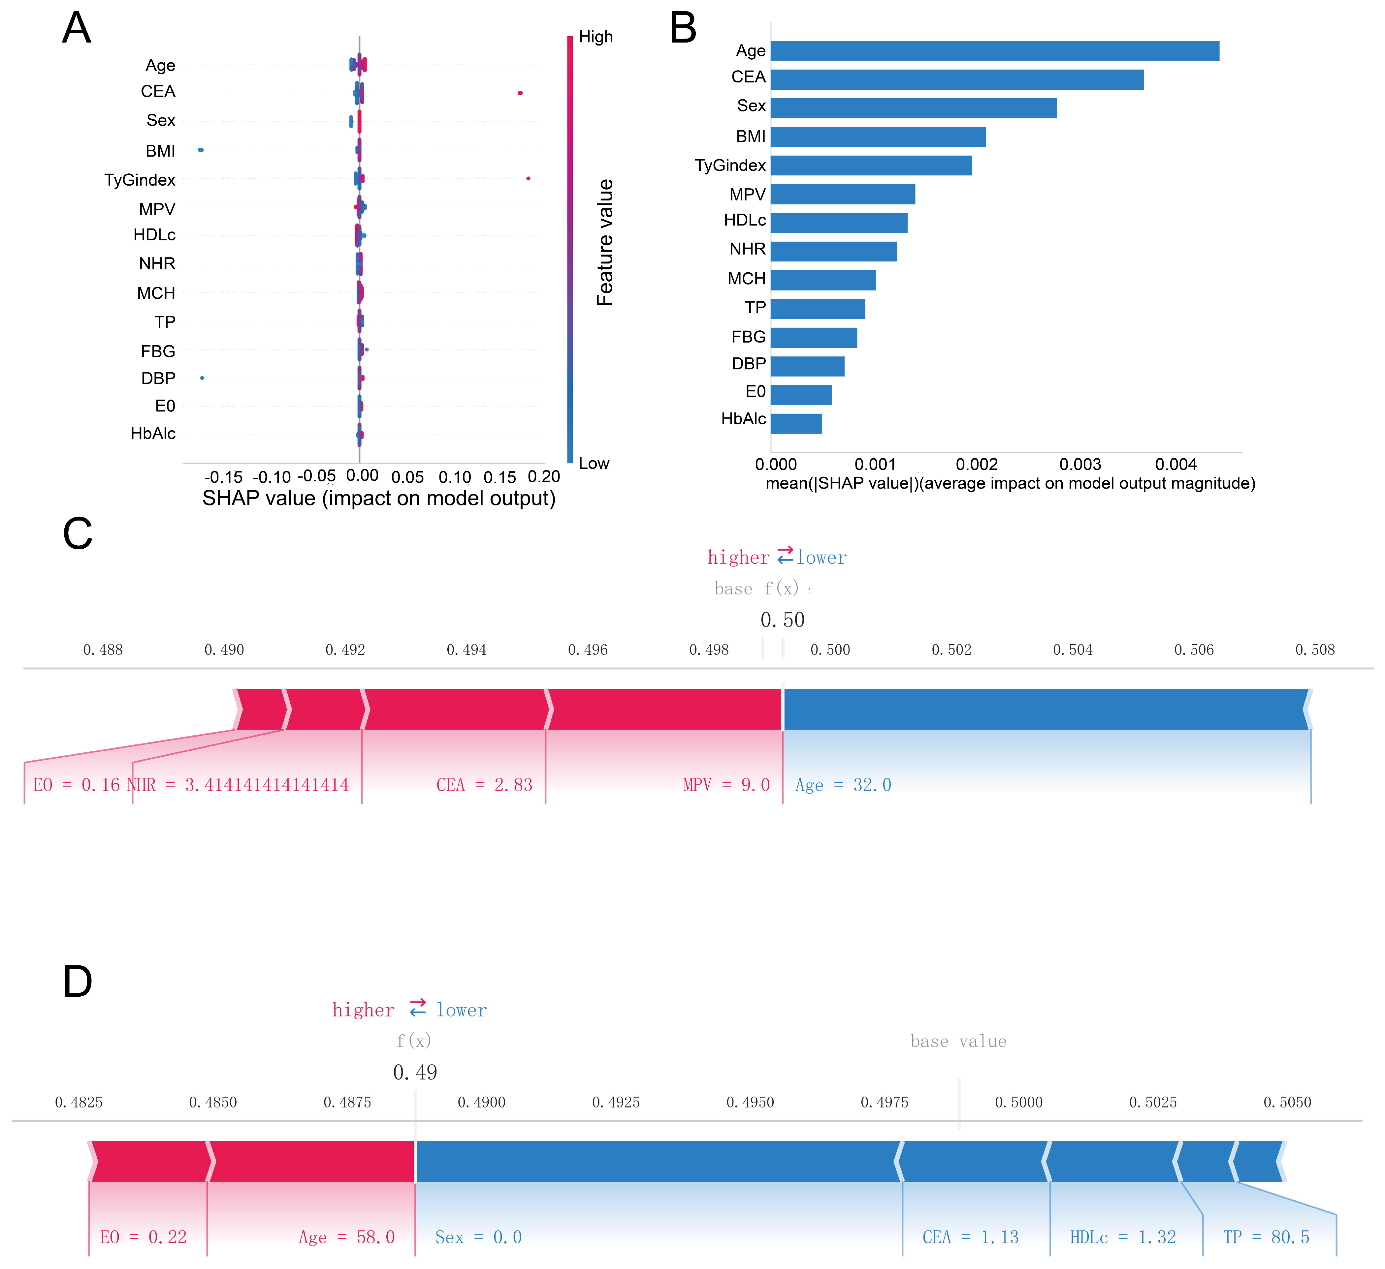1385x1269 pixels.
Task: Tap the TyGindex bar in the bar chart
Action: pyautogui.click(x=871, y=166)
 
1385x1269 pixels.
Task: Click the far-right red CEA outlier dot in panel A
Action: pyautogui.click(x=520, y=93)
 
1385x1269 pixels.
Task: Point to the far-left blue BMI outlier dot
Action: pyautogui.click(x=201, y=150)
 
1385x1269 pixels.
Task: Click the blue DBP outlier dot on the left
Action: pyautogui.click(x=202, y=378)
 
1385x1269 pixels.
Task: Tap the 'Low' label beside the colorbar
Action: pyautogui.click(x=594, y=464)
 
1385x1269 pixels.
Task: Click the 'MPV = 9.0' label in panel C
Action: pyautogui.click(x=726, y=785)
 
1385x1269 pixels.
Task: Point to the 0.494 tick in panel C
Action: pyautogui.click(x=467, y=650)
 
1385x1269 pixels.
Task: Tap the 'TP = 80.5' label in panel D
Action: pyautogui.click(x=1266, y=1237)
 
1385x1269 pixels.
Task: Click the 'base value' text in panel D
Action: pyautogui.click(x=958, y=1042)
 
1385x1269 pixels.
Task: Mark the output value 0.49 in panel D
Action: pyautogui.click(x=415, y=1072)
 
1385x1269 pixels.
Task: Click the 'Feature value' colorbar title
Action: pyautogui.click(x=604, y=242)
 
